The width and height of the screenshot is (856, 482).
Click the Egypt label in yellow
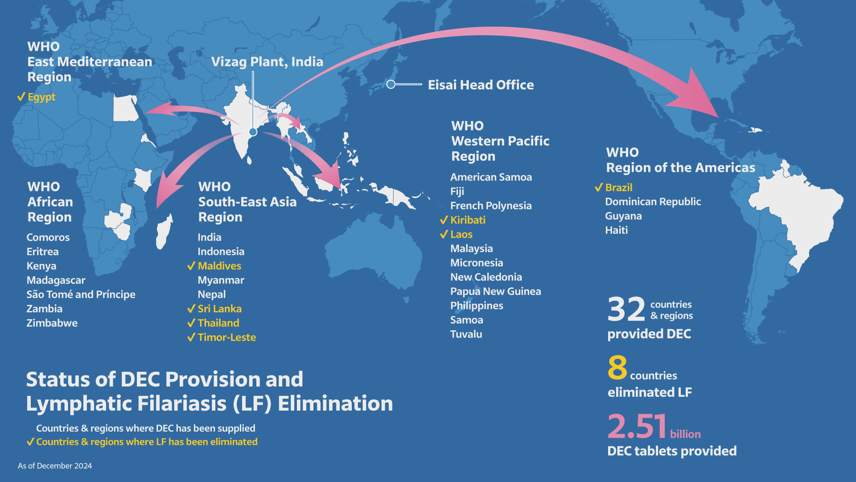[41, 97]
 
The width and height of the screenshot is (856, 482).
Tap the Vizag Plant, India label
[267, 62]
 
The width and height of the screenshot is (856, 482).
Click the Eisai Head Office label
[481, 85]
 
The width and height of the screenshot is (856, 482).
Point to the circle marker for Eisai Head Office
[391, 84]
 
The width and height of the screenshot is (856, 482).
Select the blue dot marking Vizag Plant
[253, 132]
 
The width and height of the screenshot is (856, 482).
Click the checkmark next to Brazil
[599, 187]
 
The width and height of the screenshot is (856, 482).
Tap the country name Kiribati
[468, 220]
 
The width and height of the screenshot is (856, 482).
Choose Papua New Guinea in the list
[495, 291]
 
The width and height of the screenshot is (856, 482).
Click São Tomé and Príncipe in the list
[81, 295]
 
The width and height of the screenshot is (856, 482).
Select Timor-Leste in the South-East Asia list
[226, 337]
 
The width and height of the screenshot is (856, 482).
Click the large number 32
[626, 309]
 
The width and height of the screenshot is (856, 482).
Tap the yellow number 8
[617, 368]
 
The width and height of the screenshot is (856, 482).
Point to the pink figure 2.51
[637, 426]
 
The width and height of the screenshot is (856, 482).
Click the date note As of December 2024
[55, 465]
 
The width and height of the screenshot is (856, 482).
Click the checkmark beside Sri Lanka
[191, 309]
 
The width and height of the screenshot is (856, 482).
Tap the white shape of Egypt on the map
[125, 108]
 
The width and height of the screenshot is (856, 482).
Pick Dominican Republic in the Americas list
[653, 202]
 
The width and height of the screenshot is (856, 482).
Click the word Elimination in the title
[335, 403]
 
